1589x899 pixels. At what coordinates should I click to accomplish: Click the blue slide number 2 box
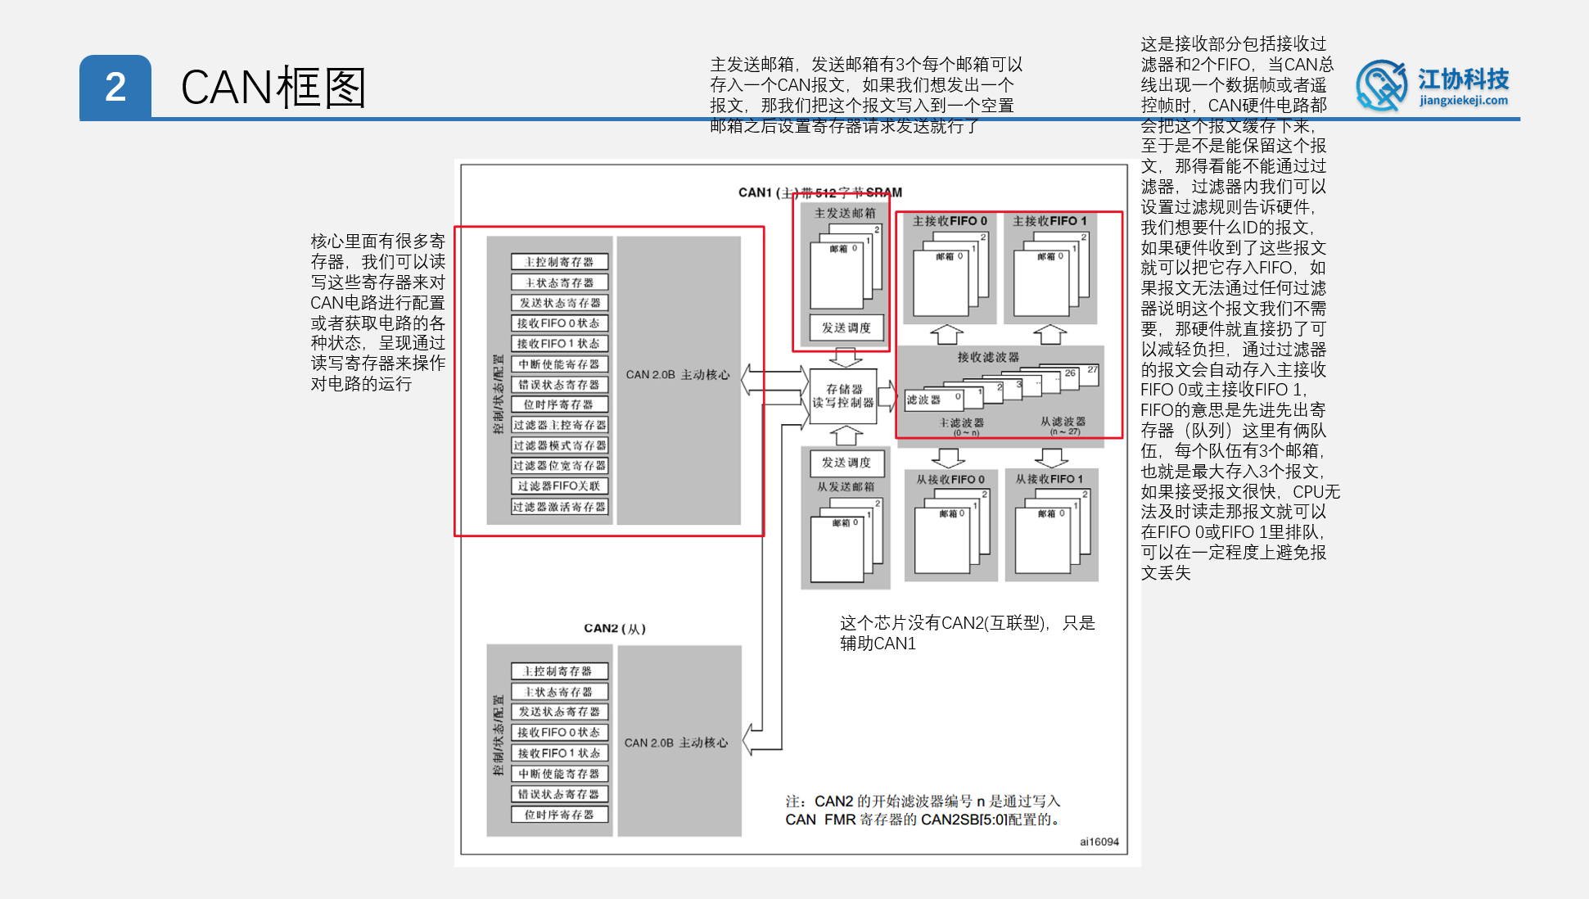click(115, 88)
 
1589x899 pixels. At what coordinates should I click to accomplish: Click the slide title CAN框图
click(273, 88)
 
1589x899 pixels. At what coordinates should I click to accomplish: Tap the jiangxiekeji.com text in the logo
click(1463, 101)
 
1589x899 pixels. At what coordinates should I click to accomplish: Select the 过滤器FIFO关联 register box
click(559, 486)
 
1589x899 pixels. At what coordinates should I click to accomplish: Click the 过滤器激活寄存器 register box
click(559, 507)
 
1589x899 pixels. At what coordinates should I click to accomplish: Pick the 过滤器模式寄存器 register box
click(559, 445)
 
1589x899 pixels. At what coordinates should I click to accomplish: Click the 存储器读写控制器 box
click(843, 396)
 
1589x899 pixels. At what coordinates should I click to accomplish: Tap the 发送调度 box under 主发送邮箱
click(846, 328)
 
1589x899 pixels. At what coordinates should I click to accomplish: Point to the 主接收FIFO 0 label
click(950, 221)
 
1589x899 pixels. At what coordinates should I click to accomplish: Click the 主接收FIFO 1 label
click(1050, 221)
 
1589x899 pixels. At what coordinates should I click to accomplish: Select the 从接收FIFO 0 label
click(950, 480)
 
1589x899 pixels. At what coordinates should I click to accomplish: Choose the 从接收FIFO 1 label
click(1050, 480)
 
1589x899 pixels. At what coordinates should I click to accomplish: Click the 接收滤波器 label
click(988, 357)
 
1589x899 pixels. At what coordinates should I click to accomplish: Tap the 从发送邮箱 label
click(846, 487)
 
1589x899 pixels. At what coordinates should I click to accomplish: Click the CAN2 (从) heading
click(615, 629)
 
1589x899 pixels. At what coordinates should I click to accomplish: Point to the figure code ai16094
click(1099, 842)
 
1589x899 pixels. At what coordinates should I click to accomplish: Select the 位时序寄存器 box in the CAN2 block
click(559, 815)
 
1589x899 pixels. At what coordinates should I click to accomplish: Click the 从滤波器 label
click(1063, 422)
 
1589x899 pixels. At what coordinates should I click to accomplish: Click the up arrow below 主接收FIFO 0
click(947, 334)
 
